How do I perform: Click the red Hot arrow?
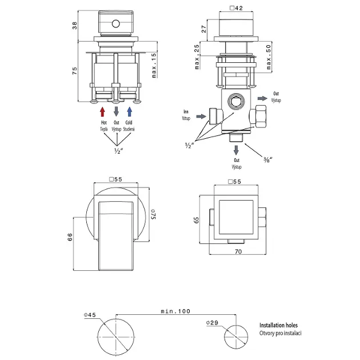[103, 111]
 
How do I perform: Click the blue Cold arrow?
[130, 111]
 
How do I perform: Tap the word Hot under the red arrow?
[103, 123]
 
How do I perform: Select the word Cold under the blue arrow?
[130, 123]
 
